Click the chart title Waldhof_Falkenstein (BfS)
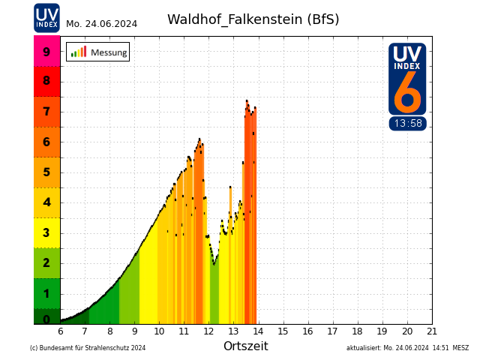coord(253,19)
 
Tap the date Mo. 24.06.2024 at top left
coord(101,24)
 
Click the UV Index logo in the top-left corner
coord(46,17)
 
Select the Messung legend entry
coord(97,52)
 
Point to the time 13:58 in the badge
coord(407,124)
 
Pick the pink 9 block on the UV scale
coord(46,52)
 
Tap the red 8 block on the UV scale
coord(46,81)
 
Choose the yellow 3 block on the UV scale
coord(46,232)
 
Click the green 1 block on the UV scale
coord(46,293)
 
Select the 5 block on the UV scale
coord(46,172)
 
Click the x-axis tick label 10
coord(160,331)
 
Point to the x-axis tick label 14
coord(259,331)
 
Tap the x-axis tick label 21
coord(432,331)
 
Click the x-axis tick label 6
coord(61,331)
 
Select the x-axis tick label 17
coord(333,331)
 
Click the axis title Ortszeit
coord(245,346)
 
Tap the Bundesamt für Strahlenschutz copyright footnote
coord(88,348)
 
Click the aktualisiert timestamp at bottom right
coord(407,348)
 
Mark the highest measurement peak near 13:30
coord(247,101)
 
